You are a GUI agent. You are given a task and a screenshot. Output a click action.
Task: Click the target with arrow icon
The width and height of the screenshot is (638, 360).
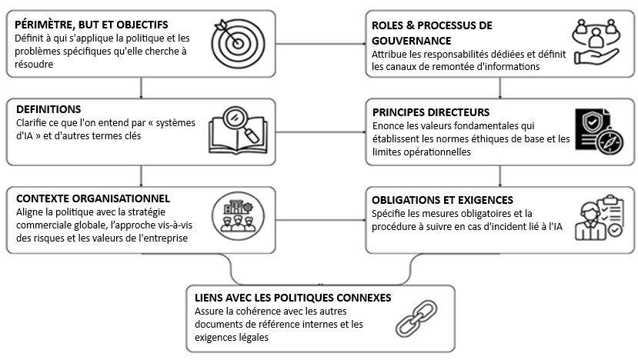pyautogui.click(x=238, y=43)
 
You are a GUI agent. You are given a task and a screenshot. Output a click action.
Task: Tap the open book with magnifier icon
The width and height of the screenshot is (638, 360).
pyautogui.click(x=238, y=130)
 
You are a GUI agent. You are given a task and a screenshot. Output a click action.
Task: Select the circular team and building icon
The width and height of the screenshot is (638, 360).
pyautogui.click(x=238, y=216)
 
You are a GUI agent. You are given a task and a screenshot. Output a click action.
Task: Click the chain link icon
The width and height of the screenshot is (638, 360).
pyautogui.click(x=416, y=318)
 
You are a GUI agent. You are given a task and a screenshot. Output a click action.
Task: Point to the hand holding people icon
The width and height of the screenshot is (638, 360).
pyautogui.click(x=596, y=42)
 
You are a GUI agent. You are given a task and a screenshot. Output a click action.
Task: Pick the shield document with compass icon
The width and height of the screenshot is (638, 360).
pyautogui.click(x=599, y=131)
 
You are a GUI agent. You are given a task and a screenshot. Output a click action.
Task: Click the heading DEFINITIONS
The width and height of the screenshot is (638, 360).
pyautogui.click(x=48, y=109)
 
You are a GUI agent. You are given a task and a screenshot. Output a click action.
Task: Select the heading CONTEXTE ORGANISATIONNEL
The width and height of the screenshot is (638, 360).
pyautogui.click(x=93, y=198)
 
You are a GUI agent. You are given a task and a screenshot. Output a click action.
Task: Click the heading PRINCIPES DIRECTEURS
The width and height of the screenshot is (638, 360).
pyautogui.click(x=431, y=112)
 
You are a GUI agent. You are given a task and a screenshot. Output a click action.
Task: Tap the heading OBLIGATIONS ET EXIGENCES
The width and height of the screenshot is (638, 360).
pyautogui.click(x=443, y=200)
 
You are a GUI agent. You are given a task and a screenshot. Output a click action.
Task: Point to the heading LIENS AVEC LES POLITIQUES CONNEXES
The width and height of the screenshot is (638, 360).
pyautogui.click(x=293, y=298)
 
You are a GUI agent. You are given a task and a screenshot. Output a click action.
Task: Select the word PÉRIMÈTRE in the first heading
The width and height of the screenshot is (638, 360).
pyautogui.click(x=43, y=25)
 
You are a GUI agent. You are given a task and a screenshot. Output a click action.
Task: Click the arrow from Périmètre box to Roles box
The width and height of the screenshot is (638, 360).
pyautogui.click(x=321, y=44)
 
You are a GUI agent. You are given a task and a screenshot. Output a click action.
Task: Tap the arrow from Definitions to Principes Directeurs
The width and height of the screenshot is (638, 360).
pyautogui.click(x=321, y=132)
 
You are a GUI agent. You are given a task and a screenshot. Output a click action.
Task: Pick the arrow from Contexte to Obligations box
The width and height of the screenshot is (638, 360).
pyautogui.click(x=321, y=220)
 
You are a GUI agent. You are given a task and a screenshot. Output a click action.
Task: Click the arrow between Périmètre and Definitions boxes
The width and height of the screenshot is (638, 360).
pyautogui.click(x=141, y=88)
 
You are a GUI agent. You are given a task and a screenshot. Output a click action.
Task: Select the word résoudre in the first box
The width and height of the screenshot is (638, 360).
pyautogui.click(x=34, y=65)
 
